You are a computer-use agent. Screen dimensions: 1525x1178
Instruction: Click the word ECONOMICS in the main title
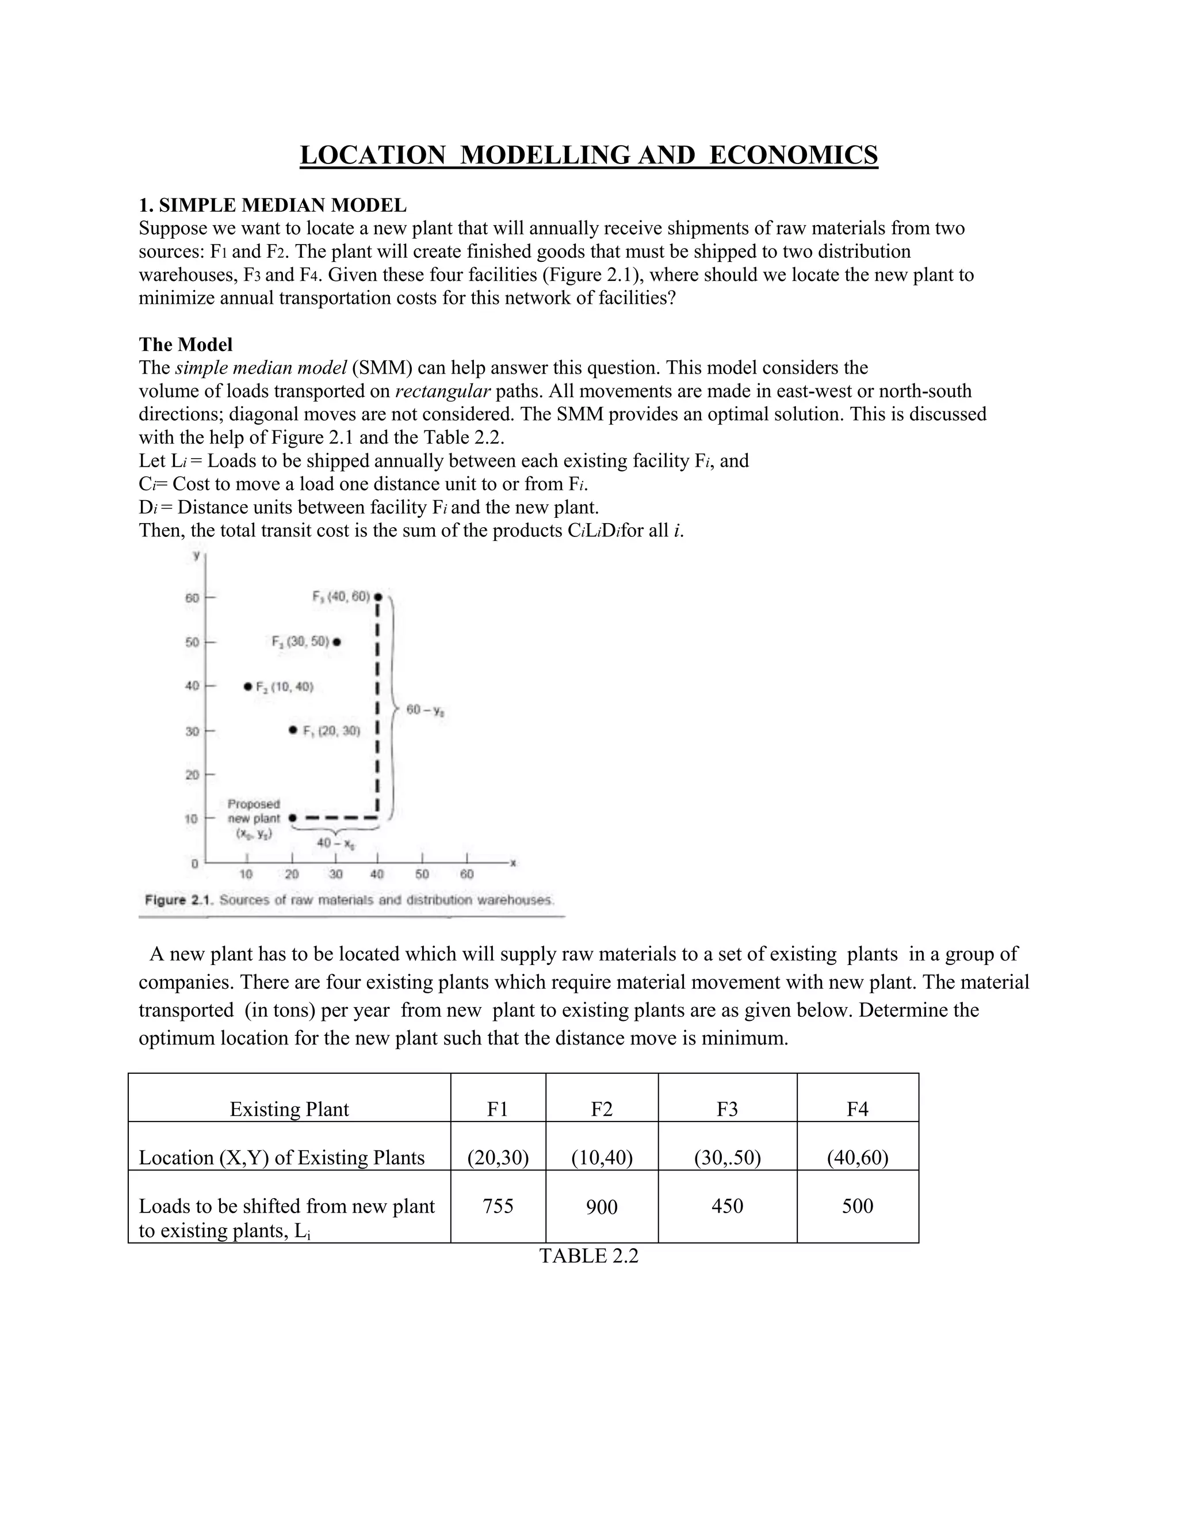[x=793, y=155]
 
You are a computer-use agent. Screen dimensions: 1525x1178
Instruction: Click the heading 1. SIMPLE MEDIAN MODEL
[x=272, y=205]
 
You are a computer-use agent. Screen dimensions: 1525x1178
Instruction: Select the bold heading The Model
[x=186, y=344]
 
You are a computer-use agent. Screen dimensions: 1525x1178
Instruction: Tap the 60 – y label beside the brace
[x=426, y=710]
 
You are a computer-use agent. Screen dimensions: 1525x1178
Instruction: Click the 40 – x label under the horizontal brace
[x=336, y=843]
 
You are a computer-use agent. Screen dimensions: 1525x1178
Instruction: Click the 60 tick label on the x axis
[x=467, y=874]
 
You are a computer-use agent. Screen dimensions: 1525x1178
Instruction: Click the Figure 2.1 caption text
[x=349, y=900]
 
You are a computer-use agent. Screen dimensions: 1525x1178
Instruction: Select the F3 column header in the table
[x=726, y=1109]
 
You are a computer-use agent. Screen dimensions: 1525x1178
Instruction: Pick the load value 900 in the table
[x=602, y=1207]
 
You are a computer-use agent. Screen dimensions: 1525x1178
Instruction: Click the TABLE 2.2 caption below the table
[x=588, y=1256]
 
